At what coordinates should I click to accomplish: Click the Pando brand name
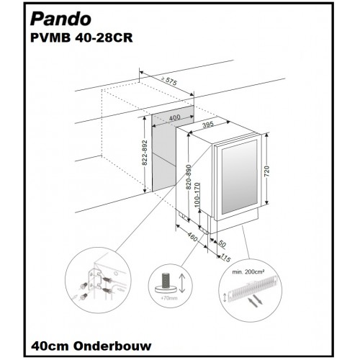coord(60,19)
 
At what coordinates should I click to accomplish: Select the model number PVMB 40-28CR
coord(81,38)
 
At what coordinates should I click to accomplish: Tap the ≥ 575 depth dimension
coord(169,81)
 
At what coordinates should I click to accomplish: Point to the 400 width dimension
coord(174,118)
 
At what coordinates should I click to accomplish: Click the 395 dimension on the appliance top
coord(208,125)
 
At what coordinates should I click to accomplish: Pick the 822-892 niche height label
coord(145,153)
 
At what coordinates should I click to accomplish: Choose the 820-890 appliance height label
coord(189,177)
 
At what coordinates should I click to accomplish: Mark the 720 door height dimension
coord(266,171)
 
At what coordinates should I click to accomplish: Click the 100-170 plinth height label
coord(197,195)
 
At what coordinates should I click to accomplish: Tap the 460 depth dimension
coord(192,237)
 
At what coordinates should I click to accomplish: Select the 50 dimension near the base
coord(222,244)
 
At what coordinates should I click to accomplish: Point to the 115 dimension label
coord(225,258)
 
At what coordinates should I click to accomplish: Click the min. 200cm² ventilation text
coord(248,272)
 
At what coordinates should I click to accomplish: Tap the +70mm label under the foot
coord(169,298)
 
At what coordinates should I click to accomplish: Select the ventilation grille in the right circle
coord(254,287)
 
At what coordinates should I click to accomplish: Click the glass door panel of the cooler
coord(240,177)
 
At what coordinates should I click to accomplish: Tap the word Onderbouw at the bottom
coord(112,346)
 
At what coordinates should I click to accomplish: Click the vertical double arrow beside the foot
coord(182,284)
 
